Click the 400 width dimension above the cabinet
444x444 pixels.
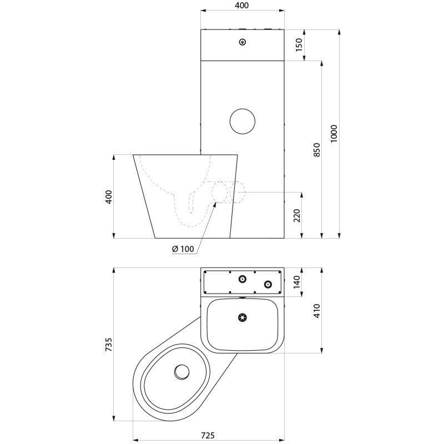click(241, 6)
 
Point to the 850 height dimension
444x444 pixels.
click(317, 149)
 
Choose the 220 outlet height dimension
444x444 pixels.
click(297, 215)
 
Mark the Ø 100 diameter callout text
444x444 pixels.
click(183, 249)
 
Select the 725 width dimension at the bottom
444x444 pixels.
click(207, 435)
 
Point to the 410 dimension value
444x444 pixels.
click(317, 310)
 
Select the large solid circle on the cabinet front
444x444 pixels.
click(242, 120)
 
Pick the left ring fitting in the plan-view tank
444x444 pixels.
click(243, 279)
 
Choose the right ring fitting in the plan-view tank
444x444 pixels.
click(268, 284)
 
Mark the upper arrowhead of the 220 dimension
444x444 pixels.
click(303, 194)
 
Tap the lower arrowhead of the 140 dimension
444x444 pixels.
click(303, 294)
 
